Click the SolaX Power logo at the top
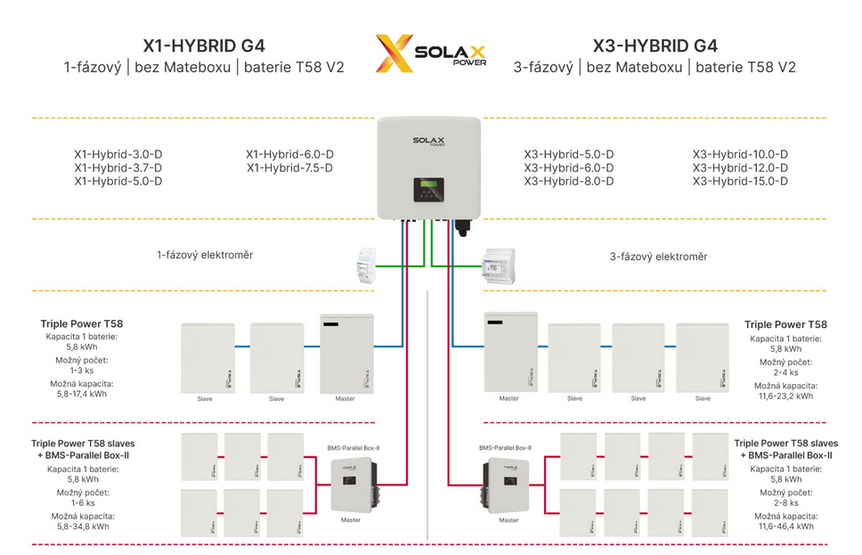pos(430,54)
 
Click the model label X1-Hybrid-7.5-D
pos(289,167)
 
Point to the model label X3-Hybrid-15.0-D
pos(740,181)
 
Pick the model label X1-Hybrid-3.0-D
pos(118,154)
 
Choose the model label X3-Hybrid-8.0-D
pos(568,181)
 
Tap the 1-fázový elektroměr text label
pos(205,255)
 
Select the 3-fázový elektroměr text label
pos(658,257)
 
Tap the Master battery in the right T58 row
pos(509,353)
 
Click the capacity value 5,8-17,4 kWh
pos(78,394)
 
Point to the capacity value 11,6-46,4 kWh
pos(783,526)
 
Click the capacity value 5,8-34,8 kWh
pos(77,526)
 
